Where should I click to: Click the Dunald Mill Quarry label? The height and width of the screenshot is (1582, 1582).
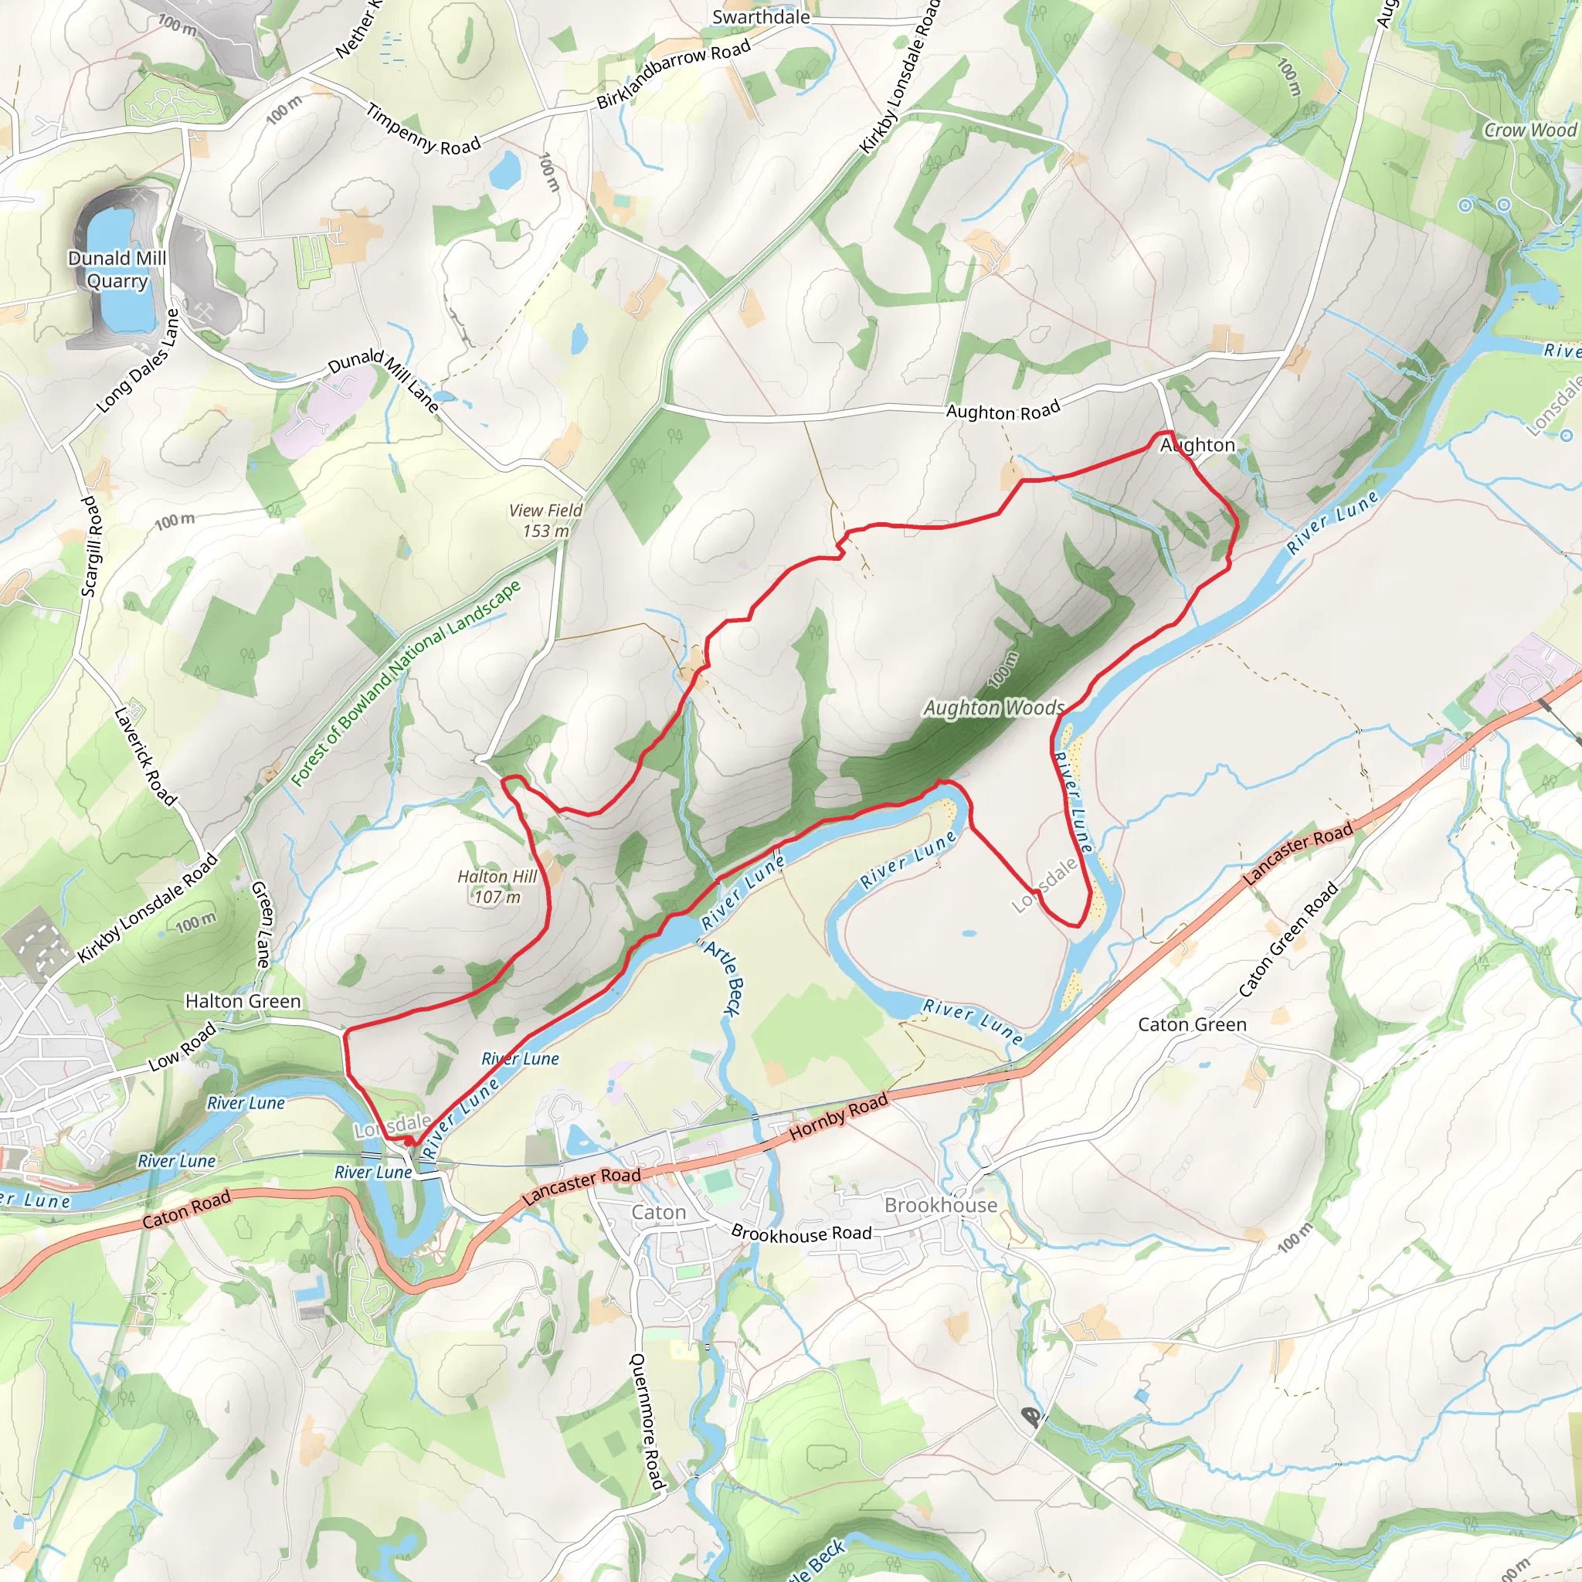click(117, 270)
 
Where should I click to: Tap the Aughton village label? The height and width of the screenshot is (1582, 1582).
click(1197, 446)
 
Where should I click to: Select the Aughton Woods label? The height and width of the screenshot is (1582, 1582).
click(994, 708)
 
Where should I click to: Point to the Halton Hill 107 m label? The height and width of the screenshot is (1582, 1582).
click(497, 887)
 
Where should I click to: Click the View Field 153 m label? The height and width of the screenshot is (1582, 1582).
click(545, 521)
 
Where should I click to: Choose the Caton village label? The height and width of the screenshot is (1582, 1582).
click(658, 1213)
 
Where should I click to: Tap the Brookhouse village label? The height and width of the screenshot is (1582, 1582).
click(941, 1205)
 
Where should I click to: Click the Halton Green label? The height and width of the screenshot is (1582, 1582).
click(243, 1001)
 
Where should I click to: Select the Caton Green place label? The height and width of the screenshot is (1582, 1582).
click(1192, 1025)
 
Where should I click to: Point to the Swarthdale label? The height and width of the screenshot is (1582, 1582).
click(761, 17)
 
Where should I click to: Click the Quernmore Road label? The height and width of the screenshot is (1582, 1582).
click(647, 1421)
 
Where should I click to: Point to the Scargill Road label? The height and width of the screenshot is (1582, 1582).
click(92, 545)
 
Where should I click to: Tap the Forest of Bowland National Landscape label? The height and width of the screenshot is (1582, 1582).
click(406, 683)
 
